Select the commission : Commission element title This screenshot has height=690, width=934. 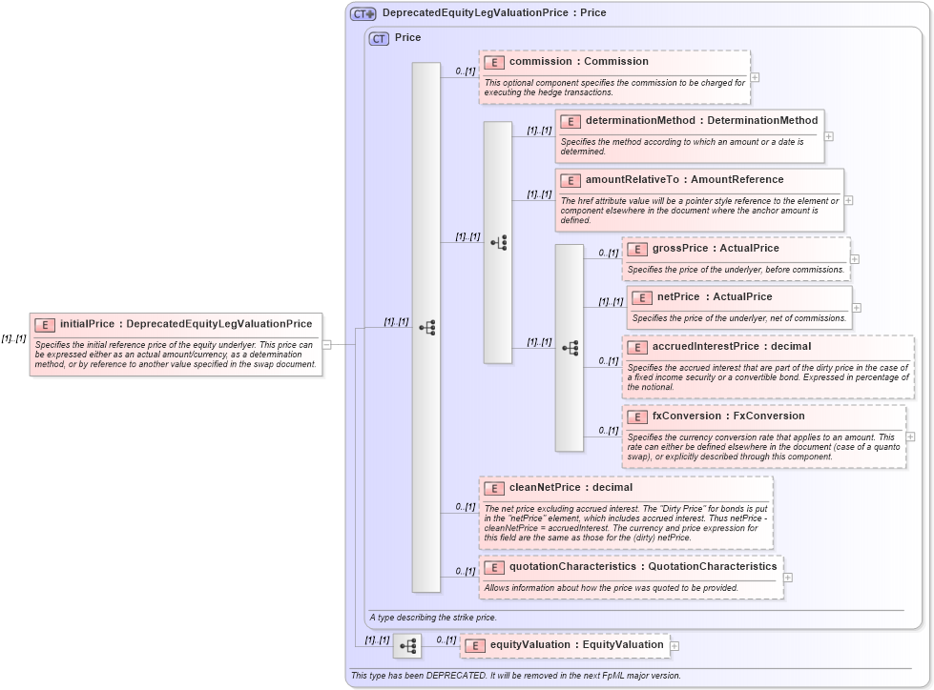[578, 62]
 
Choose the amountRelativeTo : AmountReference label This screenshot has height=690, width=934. [684, 180]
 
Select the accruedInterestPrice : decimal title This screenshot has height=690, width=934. [731, 347]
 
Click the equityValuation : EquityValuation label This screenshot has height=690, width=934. [576, 645]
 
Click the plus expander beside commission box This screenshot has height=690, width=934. [755, 78]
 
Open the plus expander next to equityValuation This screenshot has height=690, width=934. [675, 646]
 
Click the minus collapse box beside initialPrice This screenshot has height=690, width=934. [326, 345]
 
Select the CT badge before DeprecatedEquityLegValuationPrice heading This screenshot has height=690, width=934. [363, 14]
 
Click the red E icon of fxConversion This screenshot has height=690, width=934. [636, 416]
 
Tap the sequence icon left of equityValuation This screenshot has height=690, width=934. [407, 646]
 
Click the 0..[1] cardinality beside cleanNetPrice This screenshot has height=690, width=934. [465, 506]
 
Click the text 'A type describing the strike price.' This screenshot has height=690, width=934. [432, 618]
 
